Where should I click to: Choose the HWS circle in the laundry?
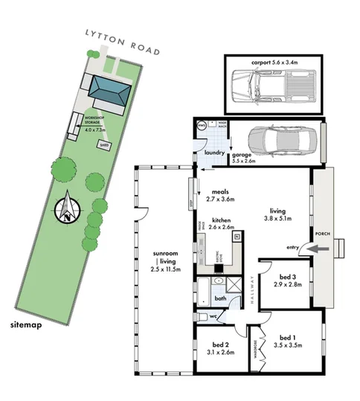[200, 126]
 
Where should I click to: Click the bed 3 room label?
[286, 279]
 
